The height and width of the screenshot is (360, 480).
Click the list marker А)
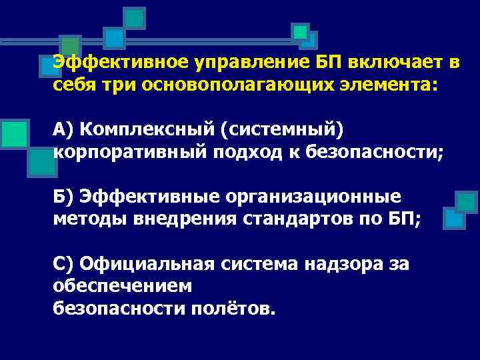[x=63, y=129]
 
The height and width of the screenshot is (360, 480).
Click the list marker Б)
[x=63, y=196]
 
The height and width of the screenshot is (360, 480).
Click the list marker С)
[x=63, y=264]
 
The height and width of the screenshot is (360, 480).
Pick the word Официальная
[x=147, y=264]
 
